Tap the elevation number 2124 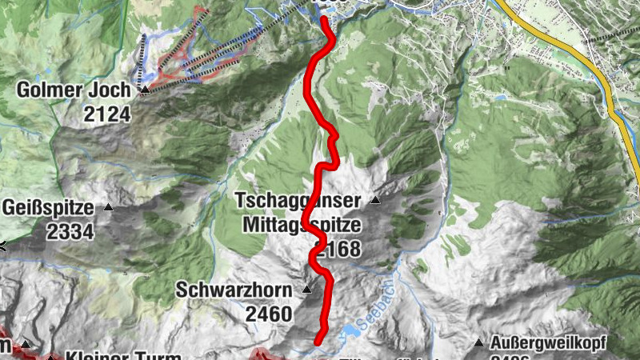point(106,114)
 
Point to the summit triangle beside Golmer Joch point(144,91)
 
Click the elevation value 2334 point(70,231)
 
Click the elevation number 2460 point(269,314)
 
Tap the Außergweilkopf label point(549,343)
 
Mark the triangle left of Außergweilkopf point(478,343)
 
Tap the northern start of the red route point(325,18)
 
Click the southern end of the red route point(318,342)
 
